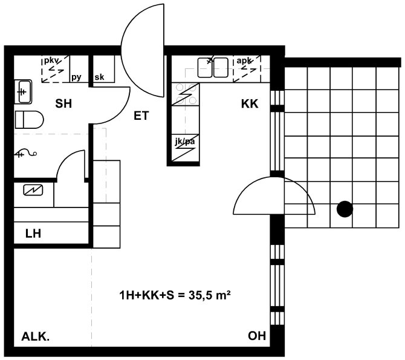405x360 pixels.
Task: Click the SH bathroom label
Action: (63, 103)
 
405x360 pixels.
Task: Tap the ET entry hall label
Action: (141, 116)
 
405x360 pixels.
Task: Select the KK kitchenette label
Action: (250, 103)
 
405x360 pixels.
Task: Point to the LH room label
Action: (33, 234)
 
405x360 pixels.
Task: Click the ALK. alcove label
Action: (36, 337)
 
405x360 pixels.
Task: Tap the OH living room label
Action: (257, 336)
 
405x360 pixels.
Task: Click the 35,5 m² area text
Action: (210, 295)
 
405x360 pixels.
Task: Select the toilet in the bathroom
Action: (29, 120)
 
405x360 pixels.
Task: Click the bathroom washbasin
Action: (23, 92)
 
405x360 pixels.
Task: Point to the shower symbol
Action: (26, 153)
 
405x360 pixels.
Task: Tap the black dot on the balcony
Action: (345, 209)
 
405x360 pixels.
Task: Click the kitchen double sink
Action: (213, 68)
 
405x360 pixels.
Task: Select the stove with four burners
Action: (186, 94)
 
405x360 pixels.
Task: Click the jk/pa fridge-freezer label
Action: (185, 142)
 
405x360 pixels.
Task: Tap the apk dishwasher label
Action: (244, 61)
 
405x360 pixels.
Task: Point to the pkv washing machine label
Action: (52, 61)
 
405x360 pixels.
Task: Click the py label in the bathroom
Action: (76, 77)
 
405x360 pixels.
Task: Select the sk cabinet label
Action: (100, 77)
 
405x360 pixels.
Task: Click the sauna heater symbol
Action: (33, 191)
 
